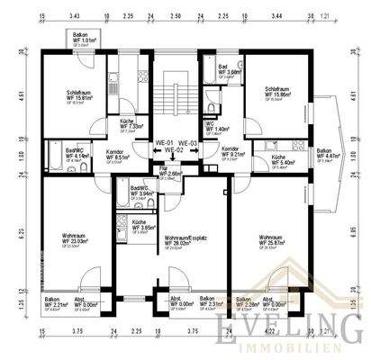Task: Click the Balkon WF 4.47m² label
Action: point(326,154)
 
